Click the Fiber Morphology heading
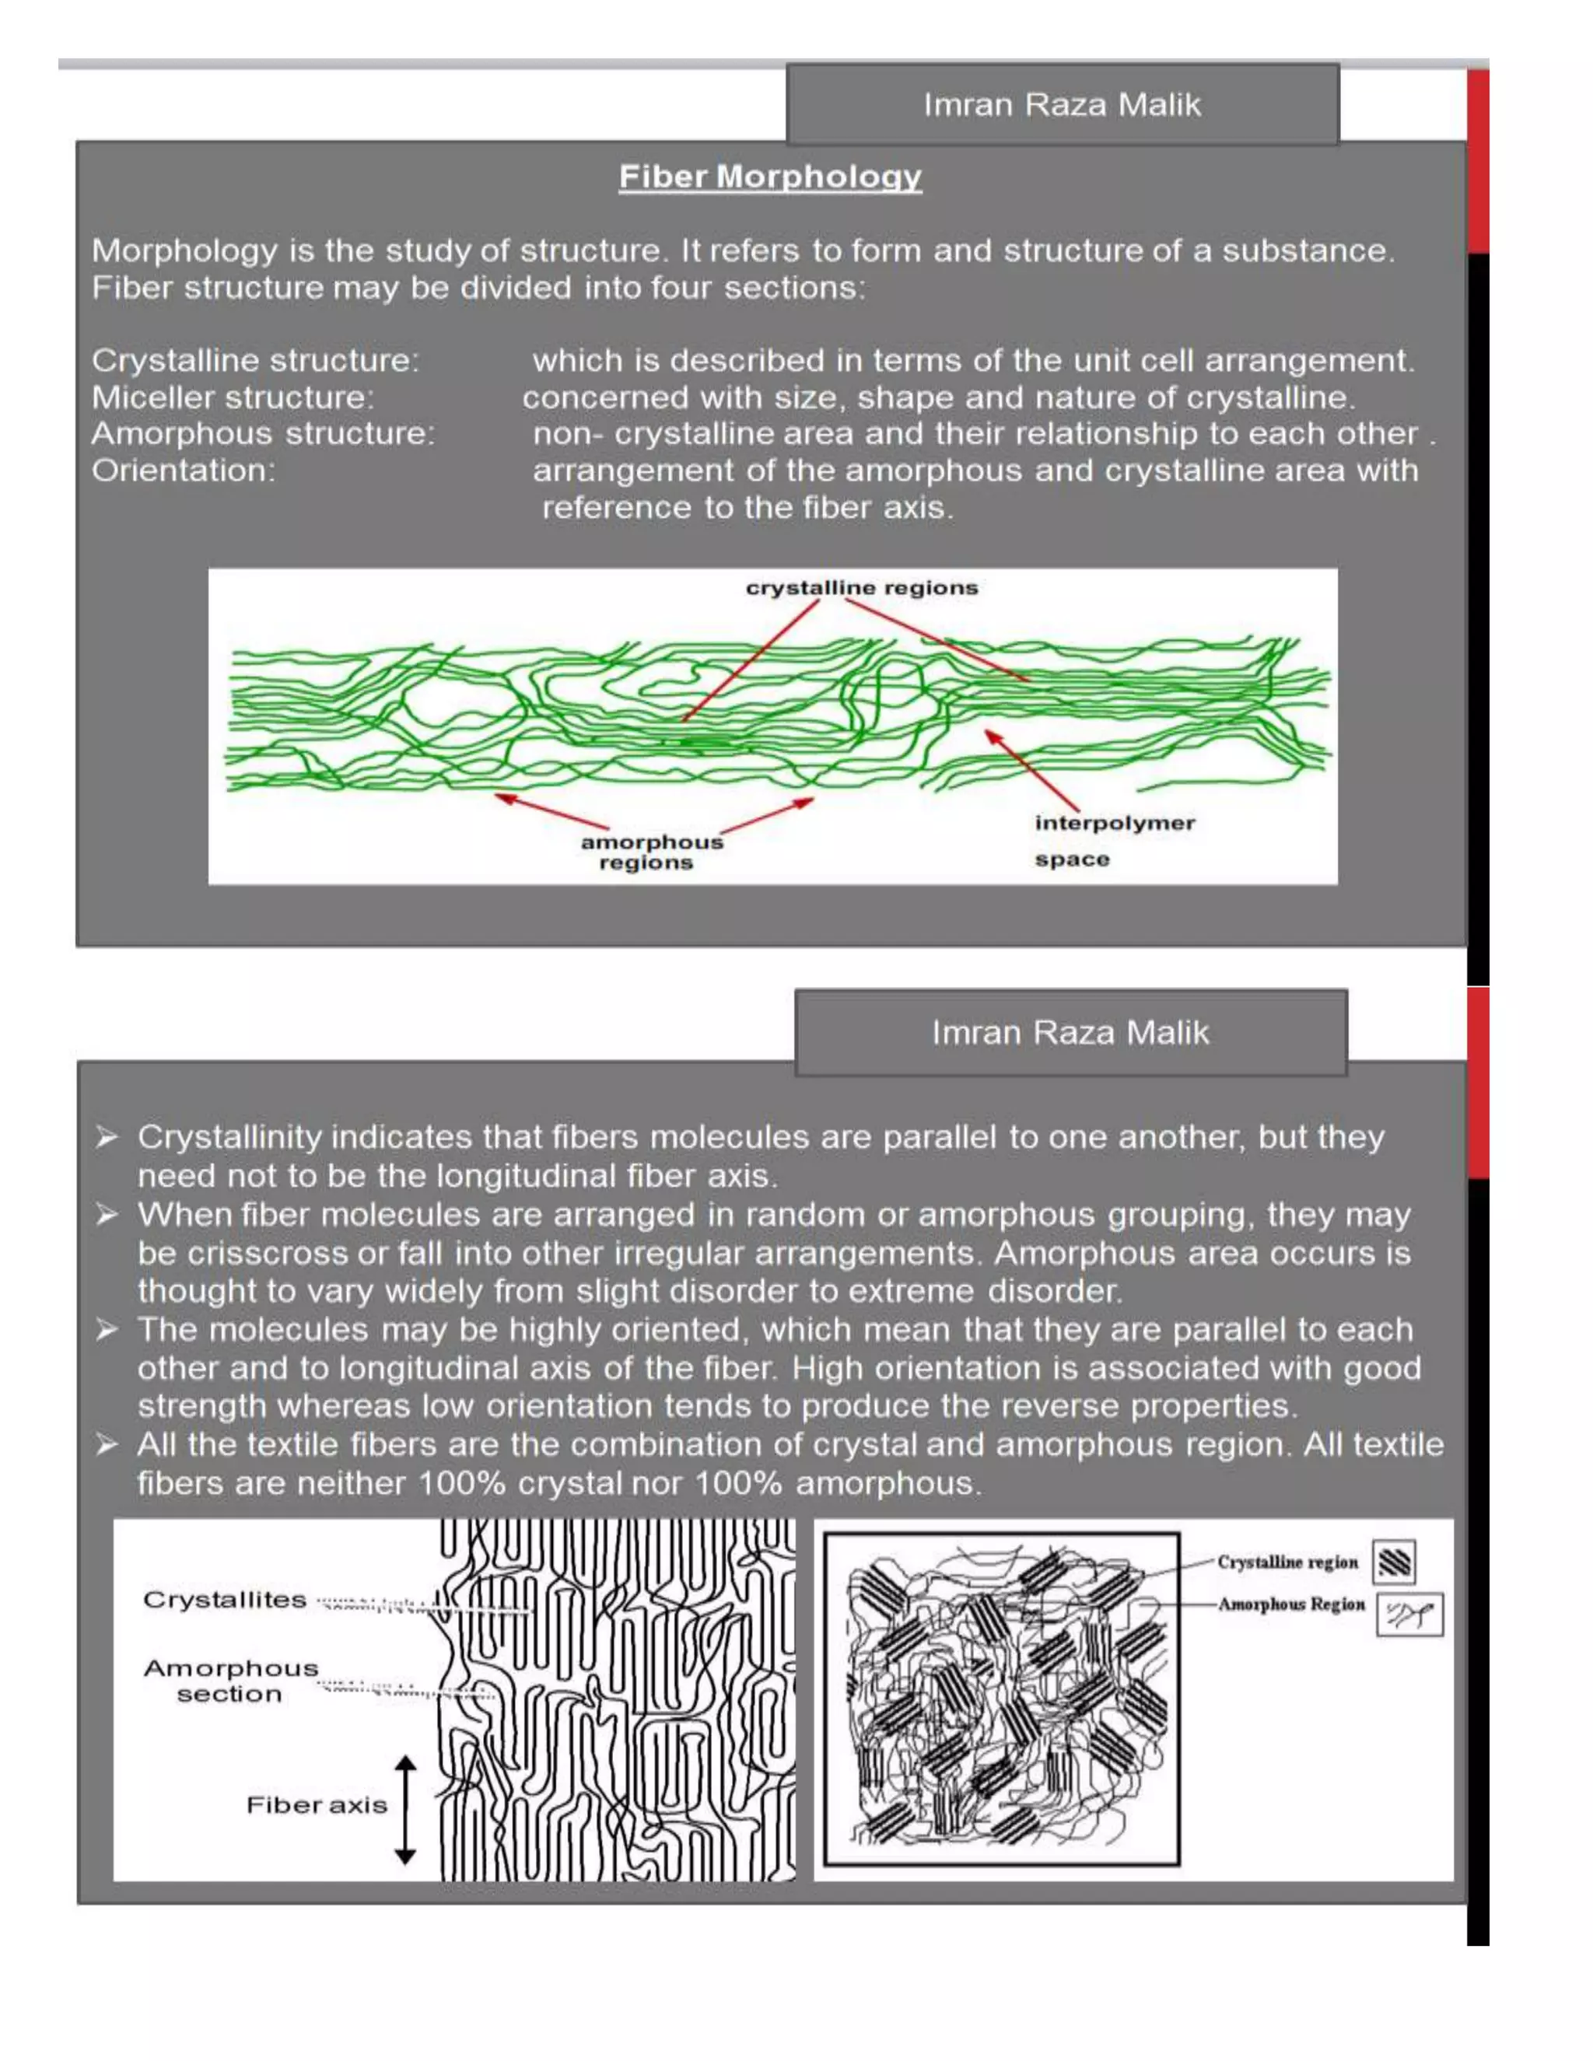click(x=770, y=177)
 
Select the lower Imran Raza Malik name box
click(x=1070, y=1031)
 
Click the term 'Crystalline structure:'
click(x=255, y=361)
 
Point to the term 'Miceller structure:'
click(x=232, y=397)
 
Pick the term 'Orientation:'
click(x=183, y=470)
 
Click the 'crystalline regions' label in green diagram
click(x=862, y=588)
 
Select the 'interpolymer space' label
click(x=1114, y=840)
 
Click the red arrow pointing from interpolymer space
click(x=1031, y=769)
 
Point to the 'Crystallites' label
click(x=225, y=1600)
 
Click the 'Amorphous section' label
click(x=230, y=1681)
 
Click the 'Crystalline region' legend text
click(x=1287, y=1562)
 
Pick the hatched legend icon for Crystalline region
click(x=1394, y=1562)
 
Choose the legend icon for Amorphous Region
click(x=1409, y=1615)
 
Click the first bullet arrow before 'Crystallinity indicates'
click(x=107, y=1137)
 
